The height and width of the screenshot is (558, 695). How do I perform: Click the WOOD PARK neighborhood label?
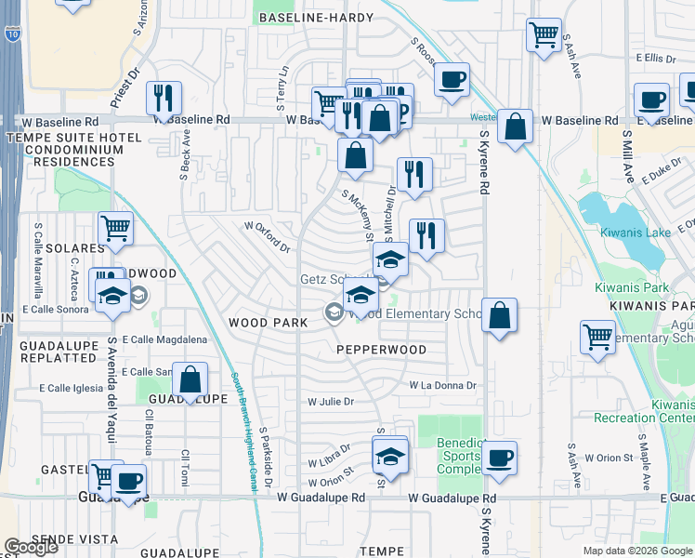point(269,322)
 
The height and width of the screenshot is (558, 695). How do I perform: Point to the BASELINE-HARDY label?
point(316,18)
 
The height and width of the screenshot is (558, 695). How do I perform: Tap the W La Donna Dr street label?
point(442,385)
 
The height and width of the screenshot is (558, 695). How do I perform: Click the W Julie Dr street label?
point(332,402)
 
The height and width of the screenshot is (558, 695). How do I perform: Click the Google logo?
point(32,547)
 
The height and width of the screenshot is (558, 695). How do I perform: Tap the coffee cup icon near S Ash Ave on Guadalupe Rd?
point(500,458)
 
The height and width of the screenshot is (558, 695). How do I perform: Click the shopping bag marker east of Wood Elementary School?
point(500,316)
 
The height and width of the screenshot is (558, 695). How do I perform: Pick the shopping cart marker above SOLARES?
point(115,227)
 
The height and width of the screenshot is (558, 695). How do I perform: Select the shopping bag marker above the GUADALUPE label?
point(190,379)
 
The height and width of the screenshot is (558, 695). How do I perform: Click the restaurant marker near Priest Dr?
point(164,98)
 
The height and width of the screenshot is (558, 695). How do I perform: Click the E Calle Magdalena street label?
point(164,339)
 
